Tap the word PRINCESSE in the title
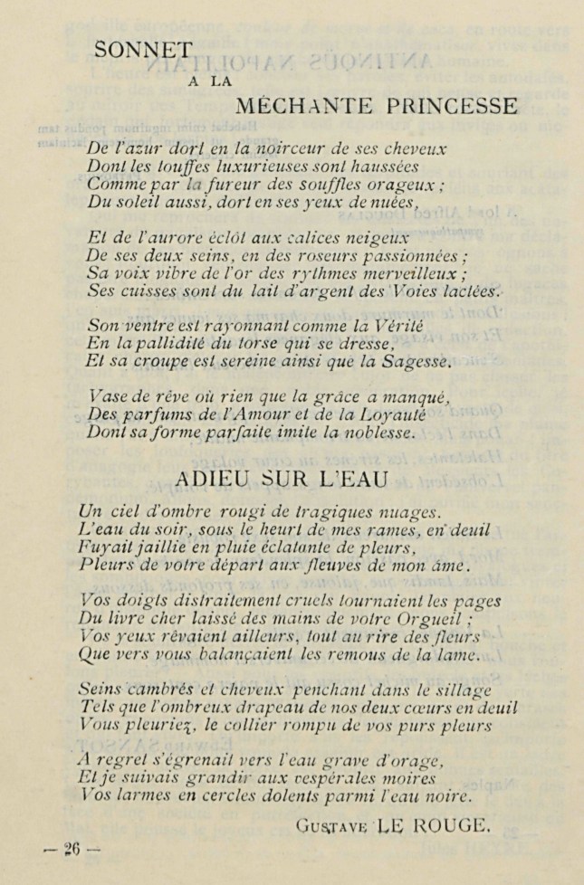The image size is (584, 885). [x=452, y=107]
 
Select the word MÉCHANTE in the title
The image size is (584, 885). [x=297, y=107]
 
